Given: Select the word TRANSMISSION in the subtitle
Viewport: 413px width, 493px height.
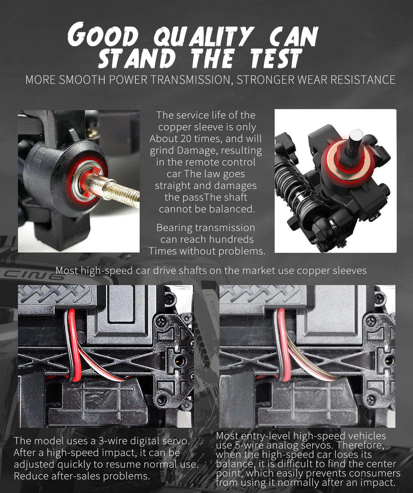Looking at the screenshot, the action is (190, 80).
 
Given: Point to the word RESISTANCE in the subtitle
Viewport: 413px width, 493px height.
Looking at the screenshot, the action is (363, 80).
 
